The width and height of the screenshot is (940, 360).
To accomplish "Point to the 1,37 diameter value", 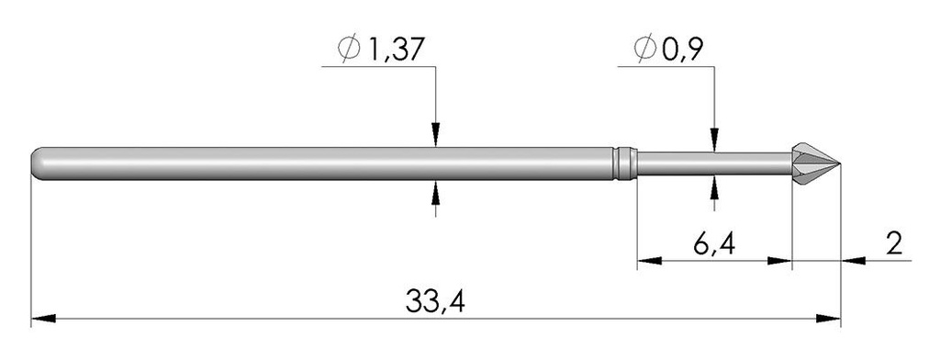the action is click(395, 51).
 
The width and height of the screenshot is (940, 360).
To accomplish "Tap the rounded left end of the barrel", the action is click(36, 163).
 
